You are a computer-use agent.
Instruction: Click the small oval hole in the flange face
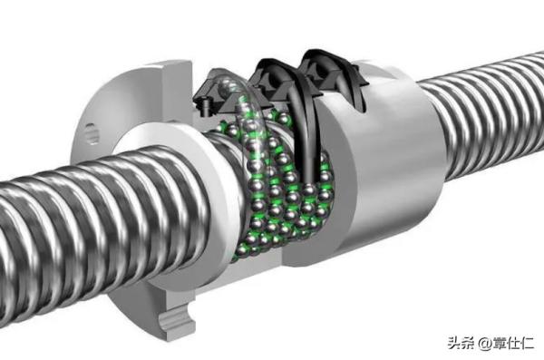point(92,133)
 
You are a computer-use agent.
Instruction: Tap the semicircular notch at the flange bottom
point(175,321)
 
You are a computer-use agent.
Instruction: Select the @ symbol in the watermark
point(484,344)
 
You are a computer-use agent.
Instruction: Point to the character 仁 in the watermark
point(528,344)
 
